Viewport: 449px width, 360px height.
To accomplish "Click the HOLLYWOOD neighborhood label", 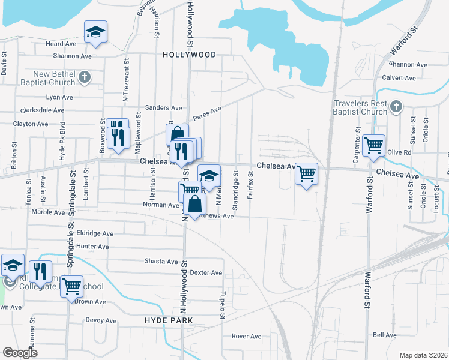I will point(189,55).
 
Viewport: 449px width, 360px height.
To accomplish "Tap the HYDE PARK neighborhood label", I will point(169,321).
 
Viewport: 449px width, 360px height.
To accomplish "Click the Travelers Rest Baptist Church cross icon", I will point(395,107).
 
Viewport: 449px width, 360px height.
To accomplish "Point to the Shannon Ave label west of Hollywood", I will point(72,56).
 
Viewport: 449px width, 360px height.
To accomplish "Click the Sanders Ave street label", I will point(167,108).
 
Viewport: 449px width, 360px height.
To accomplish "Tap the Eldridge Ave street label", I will point(95,233).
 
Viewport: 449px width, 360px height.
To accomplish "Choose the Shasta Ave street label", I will point(161,262).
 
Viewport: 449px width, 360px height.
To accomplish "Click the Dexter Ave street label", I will point(206,272).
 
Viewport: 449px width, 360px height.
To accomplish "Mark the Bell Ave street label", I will point(385,335).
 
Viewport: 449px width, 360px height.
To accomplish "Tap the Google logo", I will point(20,353).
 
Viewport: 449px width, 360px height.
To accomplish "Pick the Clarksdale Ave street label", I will point(42,110).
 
